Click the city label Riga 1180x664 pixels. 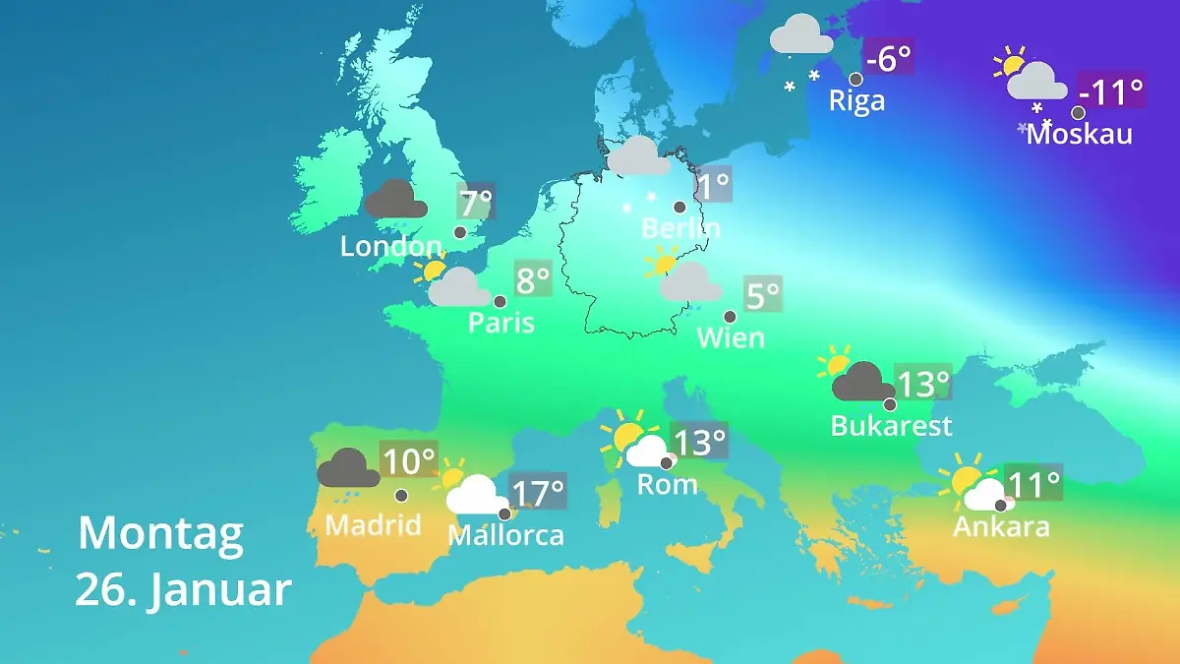pos(856,100)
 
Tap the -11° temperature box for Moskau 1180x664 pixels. pos(1111,92)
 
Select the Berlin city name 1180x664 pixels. pos(680,228)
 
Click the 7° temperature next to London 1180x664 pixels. pos(476,204)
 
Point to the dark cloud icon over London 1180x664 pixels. pos(395,200)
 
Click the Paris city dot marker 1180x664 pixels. pos(500,302)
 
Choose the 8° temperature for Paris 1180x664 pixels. pos(533,281)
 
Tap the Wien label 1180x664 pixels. pos(731,337)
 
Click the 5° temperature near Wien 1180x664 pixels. pos(762,294)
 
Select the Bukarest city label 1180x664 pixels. pos(891,426)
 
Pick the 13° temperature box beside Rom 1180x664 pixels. pos(699,442)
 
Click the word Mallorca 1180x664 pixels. pos(505,535)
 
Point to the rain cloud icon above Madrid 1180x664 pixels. pos(348,469)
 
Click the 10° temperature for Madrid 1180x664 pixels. pos(408,460)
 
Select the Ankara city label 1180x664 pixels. pos(1001,527)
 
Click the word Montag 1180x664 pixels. pos(160,534)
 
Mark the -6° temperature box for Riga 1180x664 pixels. pos(888,58)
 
